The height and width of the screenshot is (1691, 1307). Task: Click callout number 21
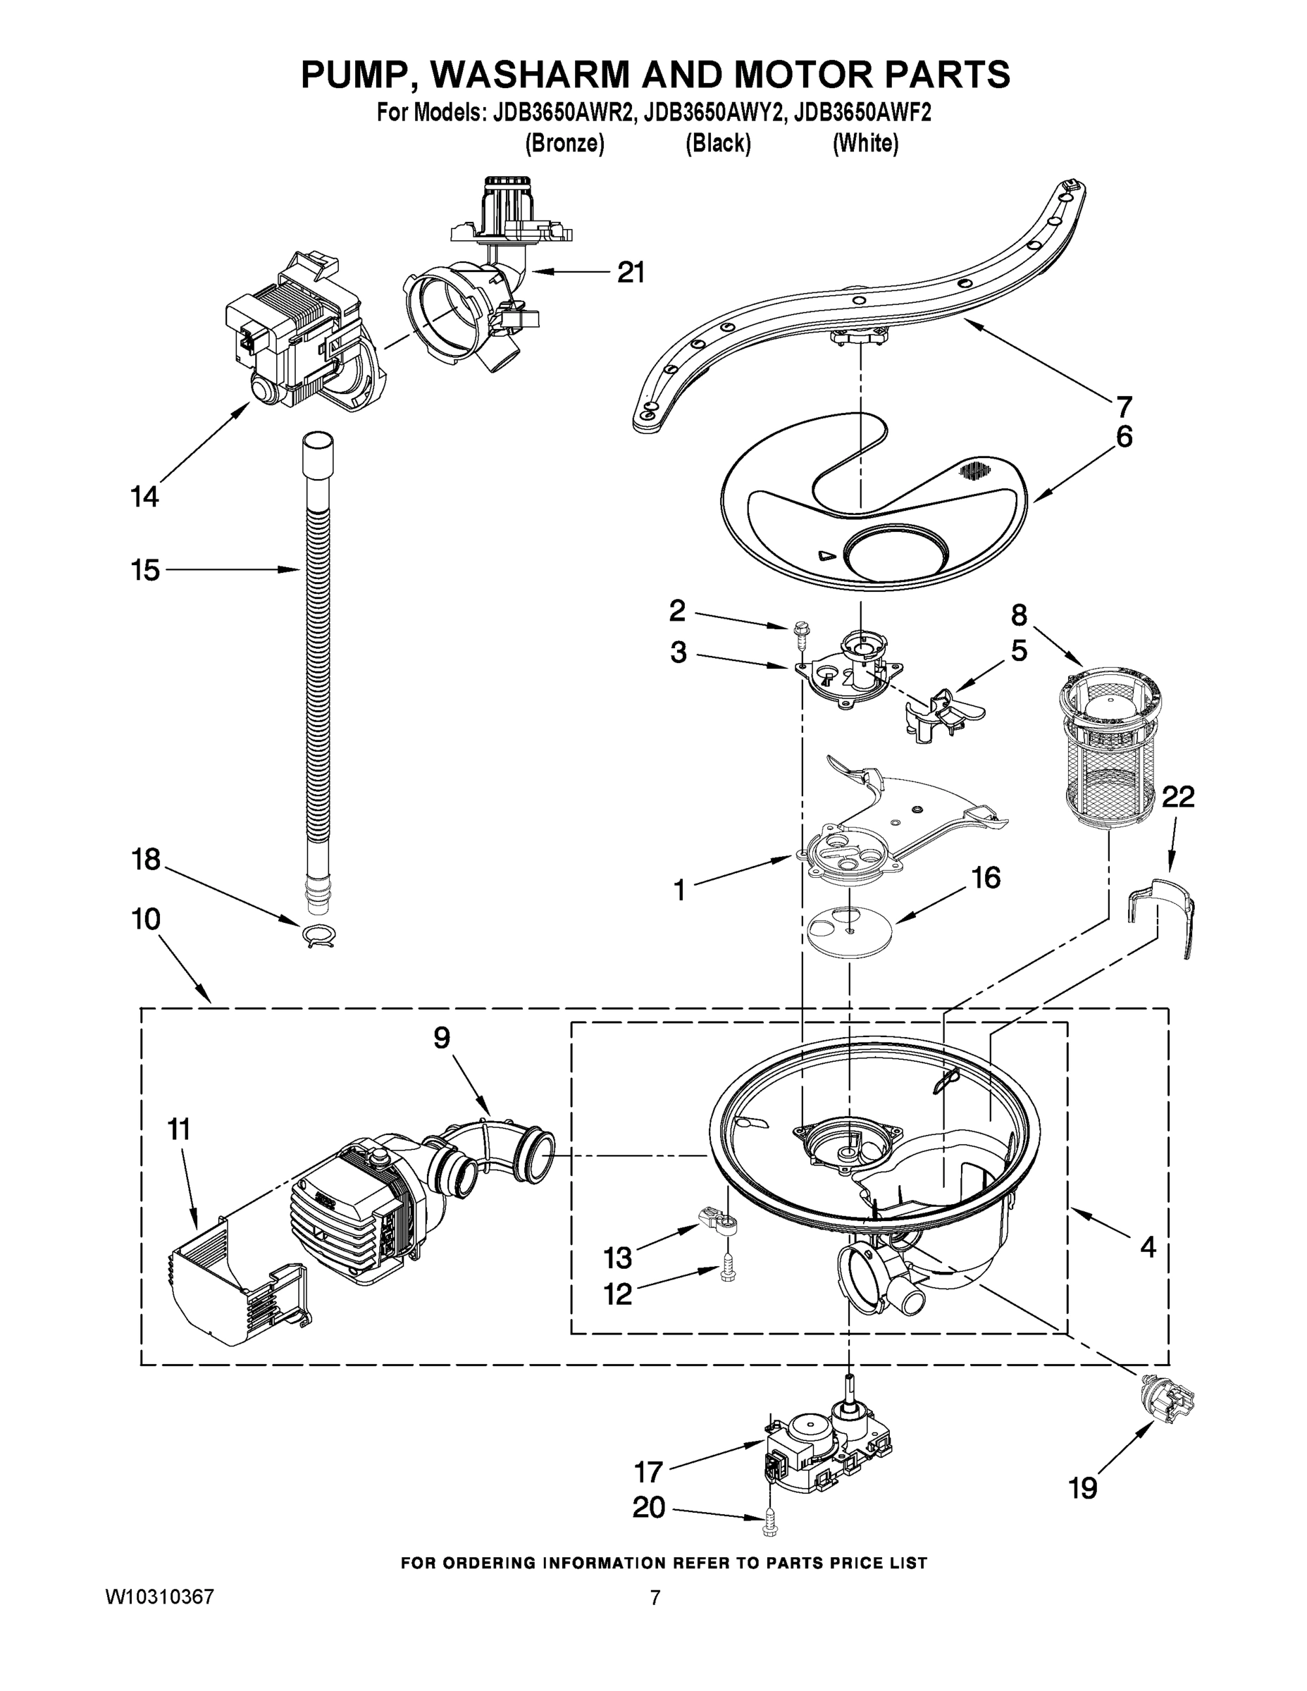[x=631, y=273]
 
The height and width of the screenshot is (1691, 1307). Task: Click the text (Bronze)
[x=564, y=144]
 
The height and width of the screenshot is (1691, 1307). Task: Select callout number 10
[x=147, y=919]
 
